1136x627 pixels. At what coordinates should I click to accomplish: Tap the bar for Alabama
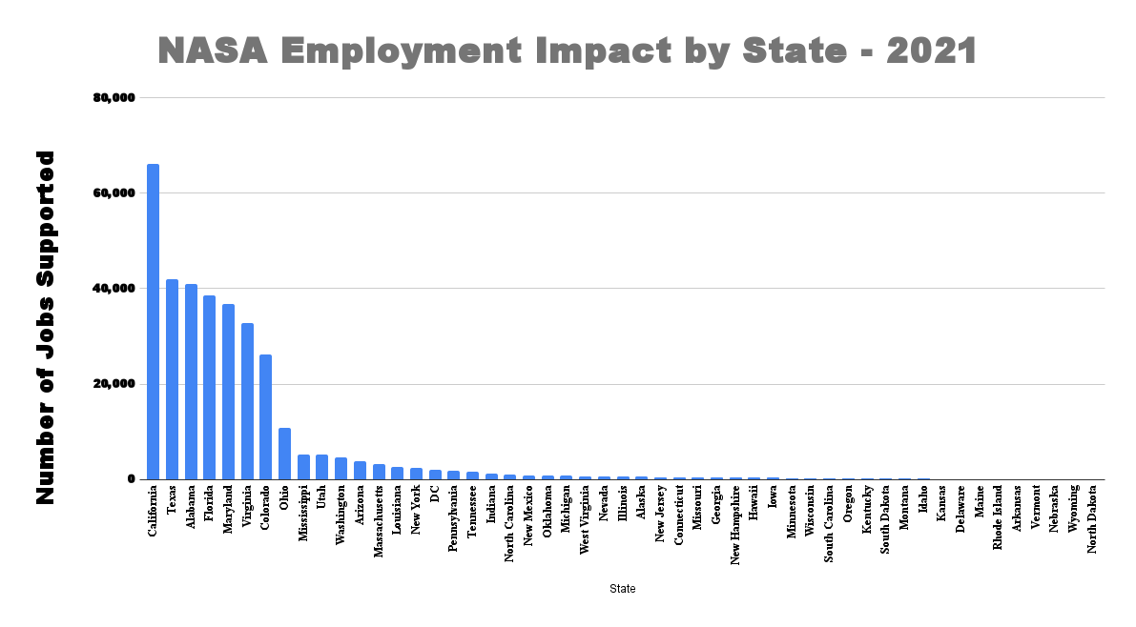(x=191, y=382)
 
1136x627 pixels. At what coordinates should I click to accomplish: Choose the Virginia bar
(x=247, y=401)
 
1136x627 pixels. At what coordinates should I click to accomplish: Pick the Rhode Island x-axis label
(x=999, y=517)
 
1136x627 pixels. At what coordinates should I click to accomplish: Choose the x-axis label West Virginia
(x=585, y=520)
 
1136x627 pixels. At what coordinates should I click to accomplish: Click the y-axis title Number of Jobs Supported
(x=45, y=327)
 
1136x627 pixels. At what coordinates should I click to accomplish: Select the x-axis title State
(x=623, y=589)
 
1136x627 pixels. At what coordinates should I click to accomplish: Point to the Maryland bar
(x=228, y=392)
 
